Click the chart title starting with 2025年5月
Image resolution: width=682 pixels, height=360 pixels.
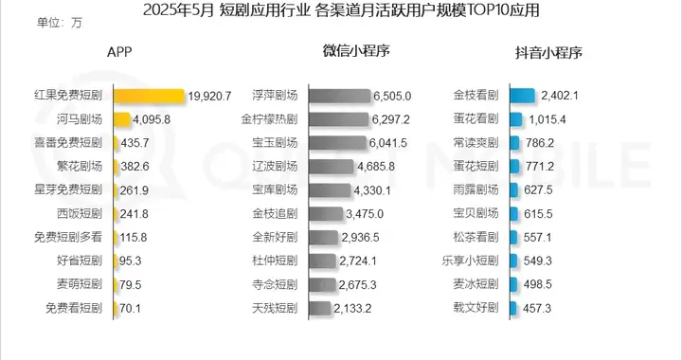point(341,11)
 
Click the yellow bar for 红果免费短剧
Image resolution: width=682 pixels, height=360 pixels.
point(149,96)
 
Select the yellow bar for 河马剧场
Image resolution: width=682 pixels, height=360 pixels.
point(122,119)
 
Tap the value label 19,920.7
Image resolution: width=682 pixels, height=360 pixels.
point(210,96)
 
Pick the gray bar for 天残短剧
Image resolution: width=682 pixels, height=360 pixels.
point(319,308)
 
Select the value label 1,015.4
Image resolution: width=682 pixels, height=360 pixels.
point(545,119)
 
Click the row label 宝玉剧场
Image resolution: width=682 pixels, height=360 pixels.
point(276,143)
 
